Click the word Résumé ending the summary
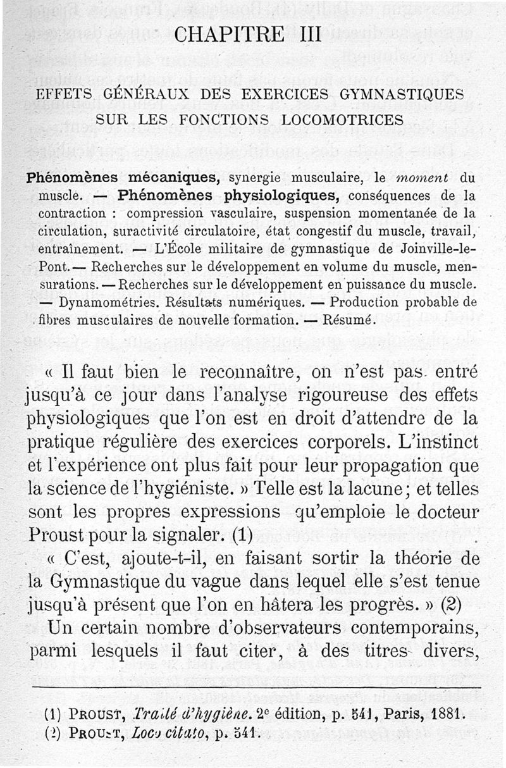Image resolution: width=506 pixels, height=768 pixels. coord(349,319)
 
